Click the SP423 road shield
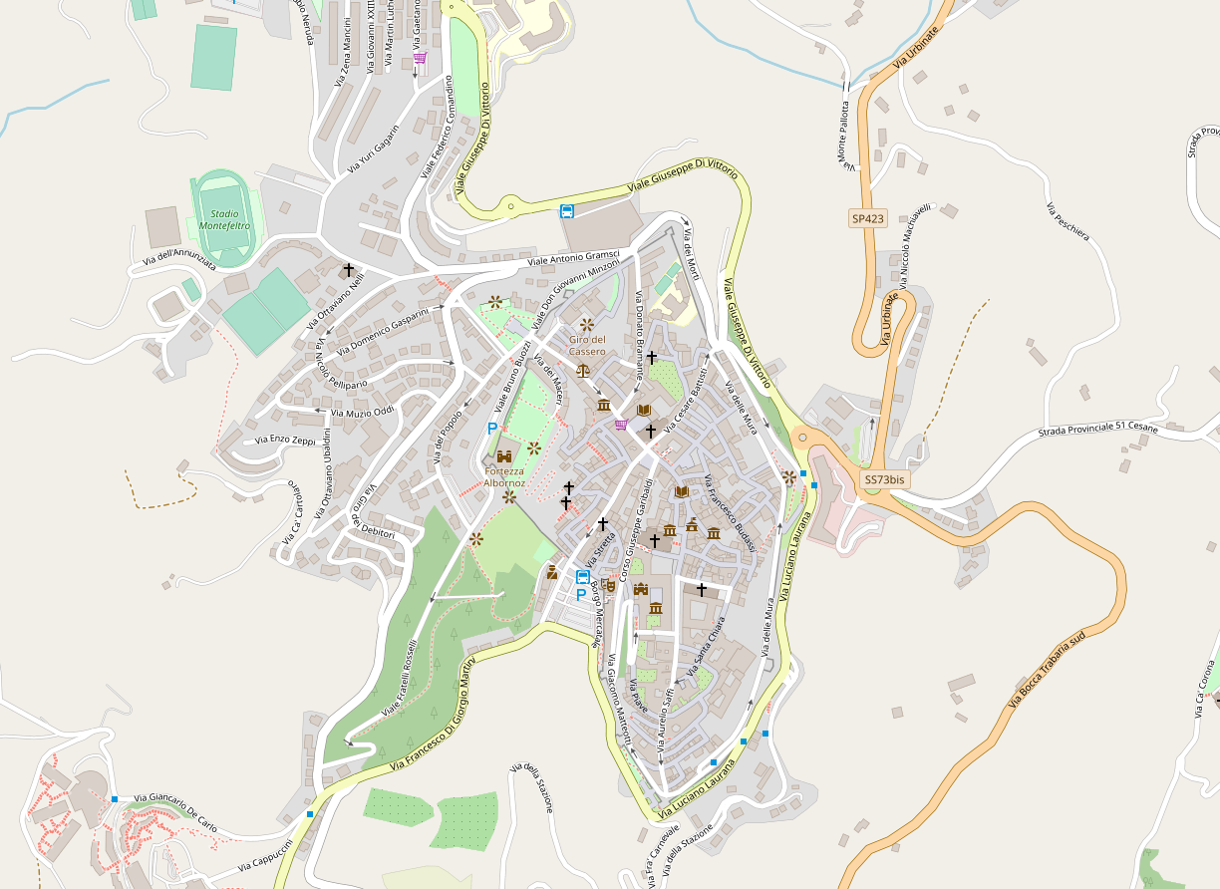pos(867,218)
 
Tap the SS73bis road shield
pos(884,479)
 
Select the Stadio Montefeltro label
pos(224,219)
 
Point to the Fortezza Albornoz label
pos(503,476)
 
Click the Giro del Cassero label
pos(587,345)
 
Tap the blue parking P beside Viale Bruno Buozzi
pos(491,428)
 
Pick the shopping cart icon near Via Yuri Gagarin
pos(420,58)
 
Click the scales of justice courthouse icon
pos(583,369)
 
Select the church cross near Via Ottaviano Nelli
pos(349,270)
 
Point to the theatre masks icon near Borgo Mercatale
pos(609,585)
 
